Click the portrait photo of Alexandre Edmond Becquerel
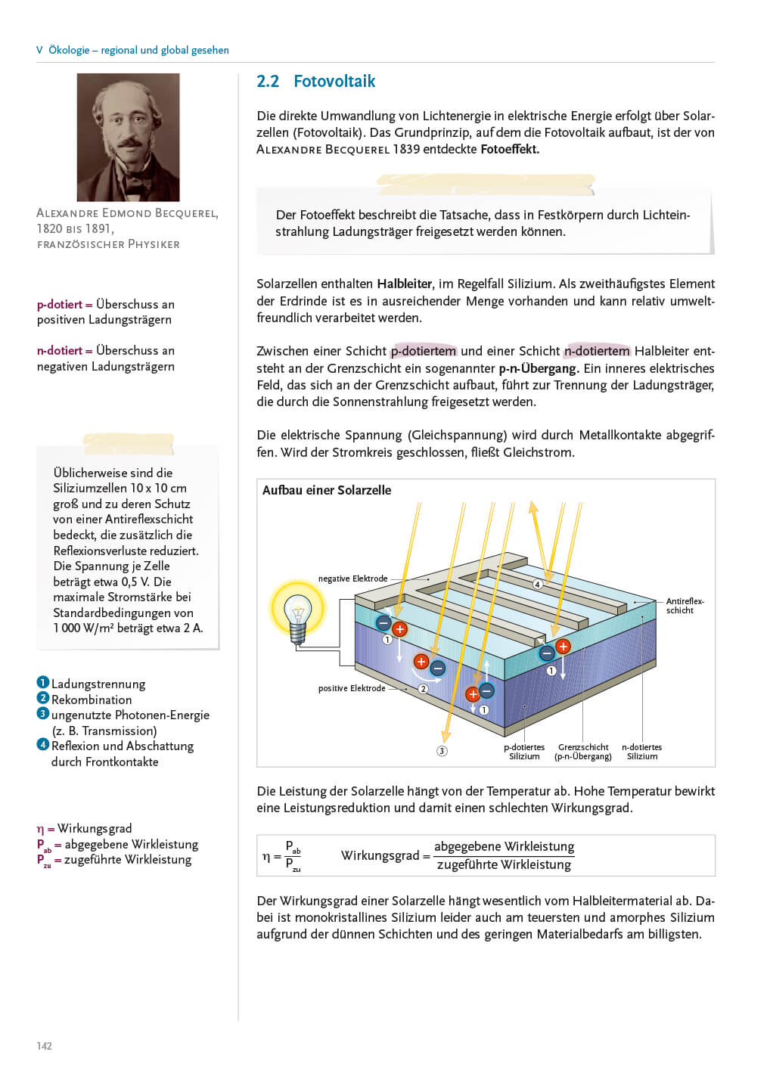pyautogui.click(x=128, y=137)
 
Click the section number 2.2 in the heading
pyautogui.click(x=268, y=82)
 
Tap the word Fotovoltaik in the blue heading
pyautogui.click(x=334, y=82)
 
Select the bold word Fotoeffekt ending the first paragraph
pyautogui.click(x=509, y=149)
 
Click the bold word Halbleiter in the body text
pyautogui.click(x=405, y=284)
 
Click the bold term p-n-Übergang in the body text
pyautogui.click(x=539, y=368)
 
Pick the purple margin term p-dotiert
pyautogui.click(x=60, y=305)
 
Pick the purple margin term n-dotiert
pyautogui.click(x=60, y=351)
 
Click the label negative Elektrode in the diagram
pyautogui.click(x=352, y=579)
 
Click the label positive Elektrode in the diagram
pyautogui.click(x=352, y=688)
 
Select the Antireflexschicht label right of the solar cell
pyautogui.click(x=684, y=606)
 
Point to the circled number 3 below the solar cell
pyautogui.click(x=442, y=751)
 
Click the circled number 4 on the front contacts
pyautogui.click(x=538, y=584)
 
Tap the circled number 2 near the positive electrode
pyautogui.click(x=424, y=689)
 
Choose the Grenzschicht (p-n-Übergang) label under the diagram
pyautogui.click(x=583, y=752)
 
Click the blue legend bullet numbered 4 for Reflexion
pyautogui.click(x=43, y=745)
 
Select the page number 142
pyautogui.click(x=45, y=1046)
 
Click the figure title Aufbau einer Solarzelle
pyautogui.click(x=327, y=490)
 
